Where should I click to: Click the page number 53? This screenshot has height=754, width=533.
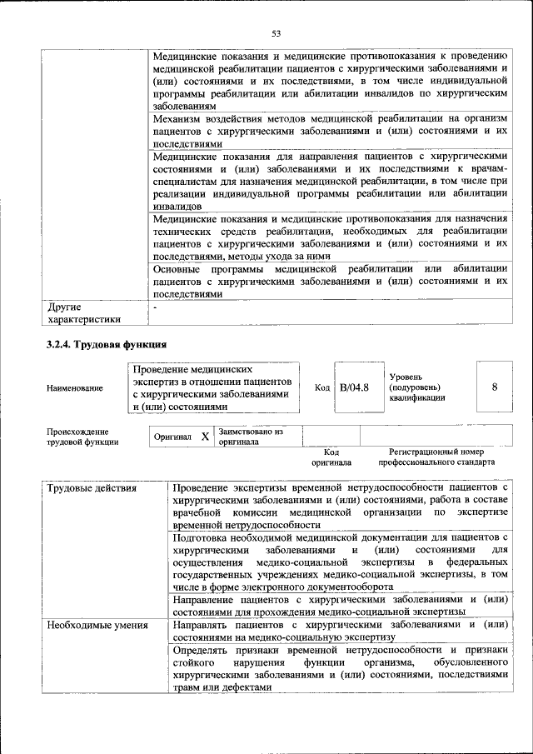click(x=276, y=33)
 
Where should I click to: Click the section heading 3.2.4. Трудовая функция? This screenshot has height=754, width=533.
click(x=107, y=343)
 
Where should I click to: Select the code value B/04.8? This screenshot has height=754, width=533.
click(x=354, y=387)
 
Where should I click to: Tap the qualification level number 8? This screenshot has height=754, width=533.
click(x=495, y=387)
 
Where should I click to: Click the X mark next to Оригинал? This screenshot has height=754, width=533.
click(x=205, y=437)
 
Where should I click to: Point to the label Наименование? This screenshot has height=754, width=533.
click(x=76, y=388)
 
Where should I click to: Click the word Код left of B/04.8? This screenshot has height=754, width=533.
click(x=321, y=388)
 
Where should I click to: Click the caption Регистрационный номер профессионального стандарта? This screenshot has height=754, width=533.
click(x=436, y=457)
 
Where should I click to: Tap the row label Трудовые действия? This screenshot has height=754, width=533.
click(x=92, y=487)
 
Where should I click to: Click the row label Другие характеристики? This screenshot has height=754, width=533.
click(x=84, y=312)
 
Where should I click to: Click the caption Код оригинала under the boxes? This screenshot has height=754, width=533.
click(x=331, y=457)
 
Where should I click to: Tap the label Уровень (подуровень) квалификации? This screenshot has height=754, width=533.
click(x=417, y=387)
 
